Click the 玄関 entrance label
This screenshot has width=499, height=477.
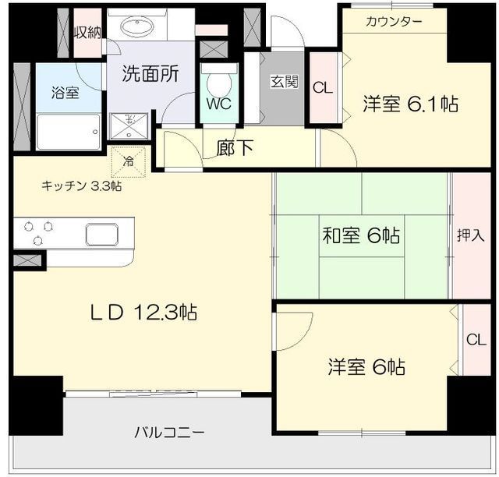285,82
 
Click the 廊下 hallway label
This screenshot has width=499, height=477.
235,148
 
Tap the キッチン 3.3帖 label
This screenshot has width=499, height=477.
81,186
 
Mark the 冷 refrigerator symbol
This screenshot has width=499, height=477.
126,162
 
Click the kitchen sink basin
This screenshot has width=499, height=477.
102,234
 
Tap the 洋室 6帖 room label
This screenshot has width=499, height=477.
366,366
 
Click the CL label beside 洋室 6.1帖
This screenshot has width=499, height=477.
322,87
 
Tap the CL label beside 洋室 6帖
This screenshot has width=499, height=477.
475,340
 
